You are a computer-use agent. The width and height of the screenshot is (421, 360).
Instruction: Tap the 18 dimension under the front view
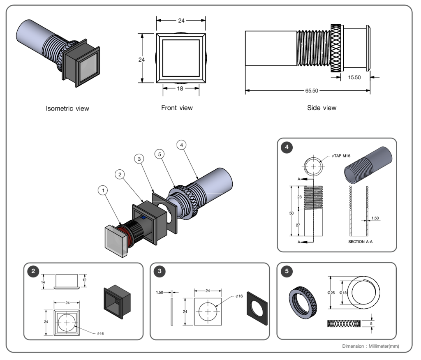point(180,88)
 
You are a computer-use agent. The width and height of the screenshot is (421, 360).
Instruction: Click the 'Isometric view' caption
point(67,109)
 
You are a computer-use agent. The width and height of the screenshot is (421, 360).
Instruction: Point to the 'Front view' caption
point(177,108)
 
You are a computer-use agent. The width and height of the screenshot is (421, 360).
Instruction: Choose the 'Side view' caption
point(322,108)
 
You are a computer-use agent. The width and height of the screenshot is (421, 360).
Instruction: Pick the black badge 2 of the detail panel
point(32,271)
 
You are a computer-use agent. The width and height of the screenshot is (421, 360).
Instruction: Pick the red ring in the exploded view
point(125,236)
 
